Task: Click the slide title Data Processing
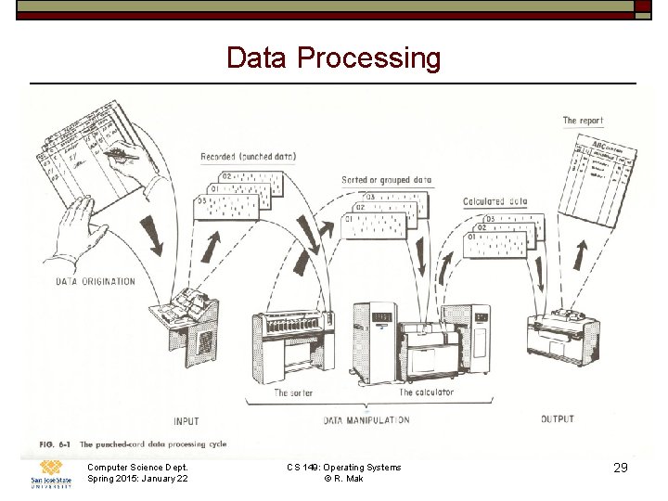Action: pyautogui.click(x=334, y=58)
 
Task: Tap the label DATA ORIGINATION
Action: pyautogui.click(x=95, y=281)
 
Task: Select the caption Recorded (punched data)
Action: pyautogui.click(x=248, y=157)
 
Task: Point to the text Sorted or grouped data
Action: pyautogui.click(x=386, y=180)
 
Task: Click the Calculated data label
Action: pyautogui.click(x=495, y=201)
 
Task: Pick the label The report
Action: pyautogui.click(x=583, y=121)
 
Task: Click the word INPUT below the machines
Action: pyautogui.click(x=186, y=421)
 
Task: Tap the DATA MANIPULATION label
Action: pyautogui.click(x=366, y=420)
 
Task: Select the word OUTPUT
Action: pyautogui.click(x=558, y=419)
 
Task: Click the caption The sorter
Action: pyautogui.click(x=293, y=393)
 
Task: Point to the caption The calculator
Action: pyautogui.click(x=427, y=393)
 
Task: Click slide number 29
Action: pyautogui.click(x=621, y=469)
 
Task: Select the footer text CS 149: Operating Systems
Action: pyautogui.click(x=344, y=467)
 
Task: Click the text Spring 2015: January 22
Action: pyautogui.click(x=136, y=479)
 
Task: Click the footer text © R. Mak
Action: pyautogui.click(x=343, y=479)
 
